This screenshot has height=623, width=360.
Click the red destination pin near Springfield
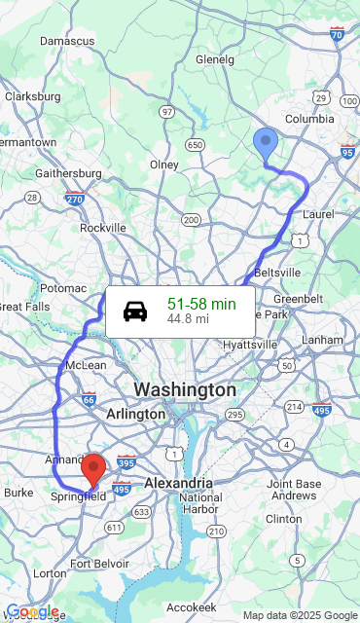click(93, 470)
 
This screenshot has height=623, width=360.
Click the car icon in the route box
click(135, 311)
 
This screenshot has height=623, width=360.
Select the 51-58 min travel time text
click(201, 304)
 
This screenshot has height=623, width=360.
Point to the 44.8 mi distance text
click(188, 318)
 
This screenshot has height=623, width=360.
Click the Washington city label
click(185, 389)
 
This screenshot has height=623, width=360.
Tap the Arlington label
click(135, 414)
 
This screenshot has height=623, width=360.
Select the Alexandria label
click(178, 483)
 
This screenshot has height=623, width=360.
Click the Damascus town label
click(67, 41)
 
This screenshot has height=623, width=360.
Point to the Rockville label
click(103, 227)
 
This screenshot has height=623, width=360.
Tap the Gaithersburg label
click(68, 173)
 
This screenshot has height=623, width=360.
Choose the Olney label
click(164, 165)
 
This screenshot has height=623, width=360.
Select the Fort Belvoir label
click(99, 564)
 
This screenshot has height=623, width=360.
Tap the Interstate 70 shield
click(337, 34)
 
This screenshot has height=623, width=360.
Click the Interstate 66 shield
click(90, 398)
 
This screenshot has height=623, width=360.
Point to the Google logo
click(32, 612)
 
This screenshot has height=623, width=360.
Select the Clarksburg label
click(33, 96)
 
